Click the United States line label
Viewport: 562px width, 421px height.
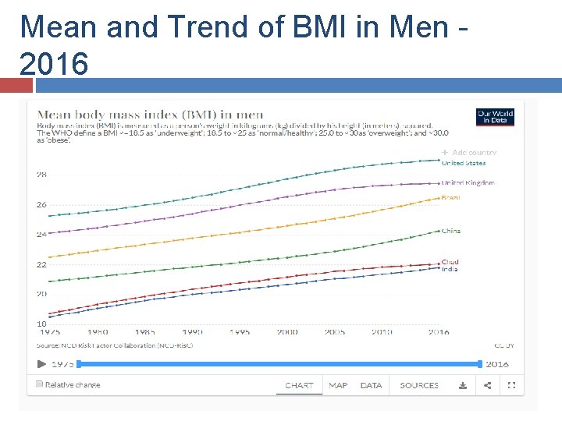tap(464, 163)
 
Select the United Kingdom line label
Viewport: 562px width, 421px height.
tap(468, 182)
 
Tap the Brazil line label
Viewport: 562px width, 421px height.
tap(451, 198)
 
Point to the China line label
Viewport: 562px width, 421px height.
tap(451, 231)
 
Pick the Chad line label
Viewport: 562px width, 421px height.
tap(450, 262)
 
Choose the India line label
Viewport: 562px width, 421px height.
tap(450, 269)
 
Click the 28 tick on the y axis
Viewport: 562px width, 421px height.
tap(41, 175)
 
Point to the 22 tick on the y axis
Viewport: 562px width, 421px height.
tap(41, 264)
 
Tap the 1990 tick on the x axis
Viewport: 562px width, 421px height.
tap(192, 332)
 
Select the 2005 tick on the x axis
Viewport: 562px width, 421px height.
tap(335, 332)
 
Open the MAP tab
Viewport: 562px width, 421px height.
tap(338, 385)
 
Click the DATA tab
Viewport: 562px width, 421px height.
tap(371, 385)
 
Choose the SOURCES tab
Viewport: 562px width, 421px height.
tap(419, 385)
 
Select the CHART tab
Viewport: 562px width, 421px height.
tap(299, 385)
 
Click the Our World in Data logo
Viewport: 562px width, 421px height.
tap(495, 117)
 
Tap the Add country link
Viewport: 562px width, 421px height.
tap(470, 153)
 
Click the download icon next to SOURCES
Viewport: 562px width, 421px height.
tap(462, 385)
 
